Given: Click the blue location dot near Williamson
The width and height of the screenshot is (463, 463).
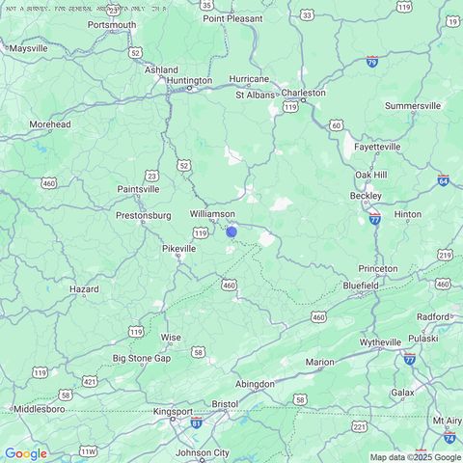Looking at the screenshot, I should (x=231, y=231).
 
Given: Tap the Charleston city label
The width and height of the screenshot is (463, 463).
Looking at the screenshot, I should (x=303, y=94).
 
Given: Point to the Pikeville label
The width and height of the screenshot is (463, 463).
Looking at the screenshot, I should (x=178, y=248).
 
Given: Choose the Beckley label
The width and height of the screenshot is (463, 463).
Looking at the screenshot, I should (x=365, y=195).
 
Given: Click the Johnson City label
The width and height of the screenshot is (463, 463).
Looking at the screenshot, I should (x=203, y=451).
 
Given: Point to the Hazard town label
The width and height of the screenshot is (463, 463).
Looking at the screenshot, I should (x=84, y=288).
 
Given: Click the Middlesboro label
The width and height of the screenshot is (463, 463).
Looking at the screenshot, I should (x=39, y=408).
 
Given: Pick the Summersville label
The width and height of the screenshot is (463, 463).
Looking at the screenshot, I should (x=412, y=105).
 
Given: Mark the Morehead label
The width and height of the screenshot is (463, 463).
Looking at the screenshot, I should (x=50, y=124).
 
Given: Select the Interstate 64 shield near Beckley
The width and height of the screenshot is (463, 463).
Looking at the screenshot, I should (x=443, y=180).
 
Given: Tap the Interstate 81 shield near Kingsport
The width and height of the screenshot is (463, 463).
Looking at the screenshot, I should (x=197, y=423).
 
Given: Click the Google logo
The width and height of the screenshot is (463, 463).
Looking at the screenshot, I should (x=25, y=453).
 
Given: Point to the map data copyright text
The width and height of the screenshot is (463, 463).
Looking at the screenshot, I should (x=415, y=457).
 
